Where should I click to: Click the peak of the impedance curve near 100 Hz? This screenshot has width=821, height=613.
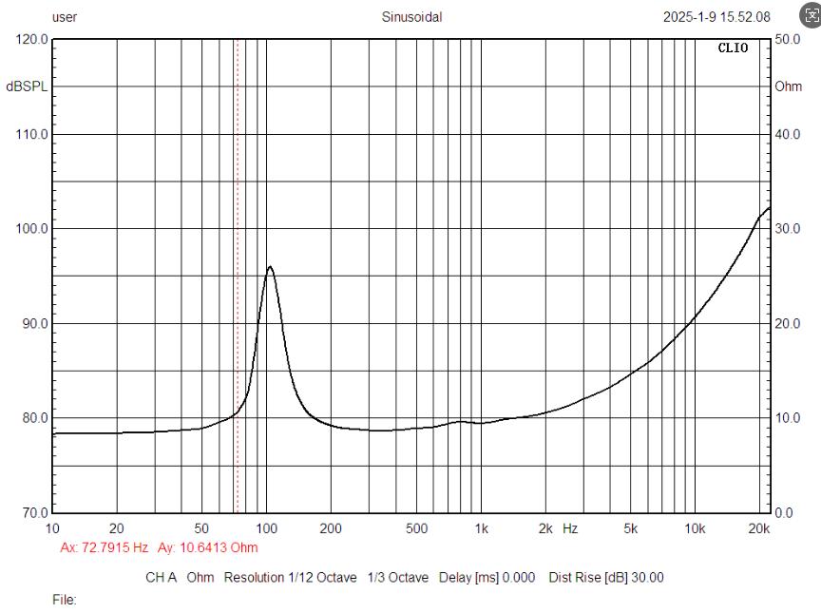click(x=270, y=266)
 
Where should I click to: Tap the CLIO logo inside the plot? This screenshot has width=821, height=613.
click(x=733, y=48)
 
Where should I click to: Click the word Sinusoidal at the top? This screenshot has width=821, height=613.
click(x=411, y=17)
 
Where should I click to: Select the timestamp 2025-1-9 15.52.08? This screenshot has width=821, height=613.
click(x=716, y=17)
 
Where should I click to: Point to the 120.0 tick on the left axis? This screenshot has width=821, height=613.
click(x=31, y=39)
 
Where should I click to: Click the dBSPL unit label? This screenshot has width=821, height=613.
click(x=27, y=86)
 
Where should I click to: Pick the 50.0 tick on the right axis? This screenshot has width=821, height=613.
click(x=788, y=39)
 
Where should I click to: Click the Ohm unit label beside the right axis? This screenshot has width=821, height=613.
click(x=788, y=86)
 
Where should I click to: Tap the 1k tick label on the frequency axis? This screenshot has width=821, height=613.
click(x=481, y=528)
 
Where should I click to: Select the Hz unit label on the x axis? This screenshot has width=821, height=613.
click(x=570, y=528)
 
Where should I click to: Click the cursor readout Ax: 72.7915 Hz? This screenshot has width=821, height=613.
click(x=104, y=547)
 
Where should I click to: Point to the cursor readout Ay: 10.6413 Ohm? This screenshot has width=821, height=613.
click(x=208, y=547)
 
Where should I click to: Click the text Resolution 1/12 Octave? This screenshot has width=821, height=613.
click(x=290, y=578)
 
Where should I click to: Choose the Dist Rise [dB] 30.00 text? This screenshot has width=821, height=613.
click(x=606, y=578)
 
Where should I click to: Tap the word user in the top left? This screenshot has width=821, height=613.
click(x=65, y=17)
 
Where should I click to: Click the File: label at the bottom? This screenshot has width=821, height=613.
click(x=65, y=600)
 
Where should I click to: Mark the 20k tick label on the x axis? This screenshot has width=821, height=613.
click(x=758, y=528)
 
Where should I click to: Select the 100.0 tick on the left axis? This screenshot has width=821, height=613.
click(x=31, y=229)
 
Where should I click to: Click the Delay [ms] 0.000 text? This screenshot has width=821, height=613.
click(x=487, y=578)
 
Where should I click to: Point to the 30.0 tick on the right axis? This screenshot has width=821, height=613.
click(x=788, y=229)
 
